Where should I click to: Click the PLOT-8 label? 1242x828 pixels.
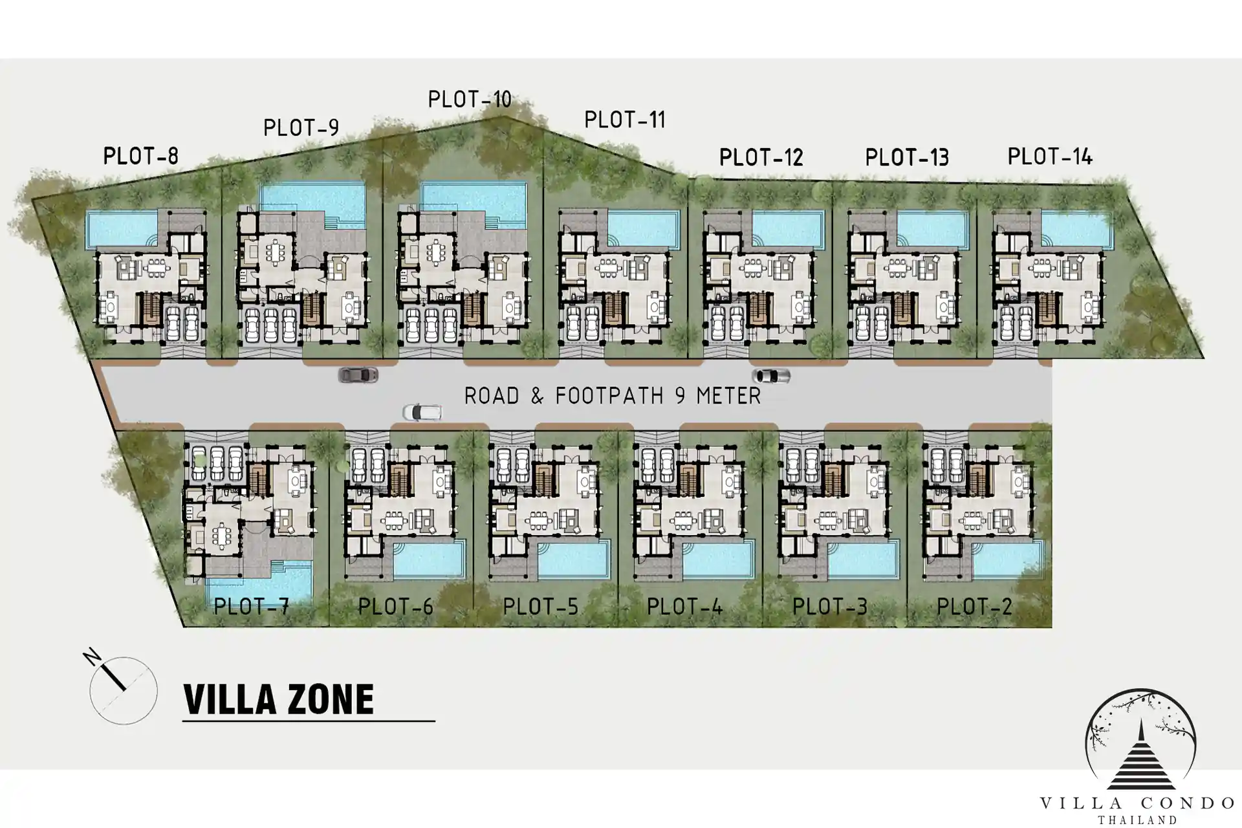click(140, 156)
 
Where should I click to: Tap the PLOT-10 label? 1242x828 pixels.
click(470, 100)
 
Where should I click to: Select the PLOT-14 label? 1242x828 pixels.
click(1050, 157)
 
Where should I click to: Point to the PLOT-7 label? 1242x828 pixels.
click(251, 607)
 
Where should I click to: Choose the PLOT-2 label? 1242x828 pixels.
click(974, 607)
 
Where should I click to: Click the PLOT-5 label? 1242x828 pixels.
click(540, 607)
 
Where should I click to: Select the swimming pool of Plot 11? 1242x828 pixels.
click(643, 230)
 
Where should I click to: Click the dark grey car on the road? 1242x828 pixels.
click(358, 375)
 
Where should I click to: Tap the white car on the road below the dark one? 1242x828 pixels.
click(422, 412)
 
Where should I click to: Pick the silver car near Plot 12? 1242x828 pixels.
click(771, 375)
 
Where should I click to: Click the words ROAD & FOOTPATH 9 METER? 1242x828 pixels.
click(613, 396)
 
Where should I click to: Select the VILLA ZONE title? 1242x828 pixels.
click(279, 699)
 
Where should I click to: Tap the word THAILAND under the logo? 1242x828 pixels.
click(1137, 820)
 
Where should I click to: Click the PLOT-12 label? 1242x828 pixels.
click(761, 157)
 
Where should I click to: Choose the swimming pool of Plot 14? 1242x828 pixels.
click(1077, 230)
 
